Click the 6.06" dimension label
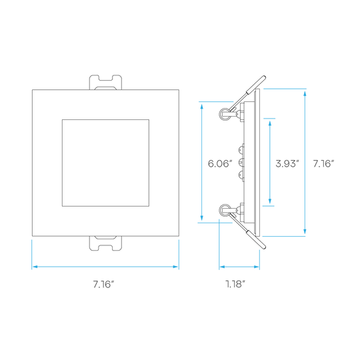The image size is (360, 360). click(x=220, y=164)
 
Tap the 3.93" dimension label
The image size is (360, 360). click(x=287, y=164)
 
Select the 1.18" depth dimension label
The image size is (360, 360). click(x=235, y=284)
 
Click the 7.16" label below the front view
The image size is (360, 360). click(x=103, y=284)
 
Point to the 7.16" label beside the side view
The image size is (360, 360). click(x=323, y=164)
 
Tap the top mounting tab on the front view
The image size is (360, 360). click(x=105, y=82)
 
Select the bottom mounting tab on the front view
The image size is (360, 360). click(x=105, y=243)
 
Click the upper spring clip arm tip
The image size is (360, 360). click(x=264, y=77)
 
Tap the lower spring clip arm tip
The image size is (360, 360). click(x=264, y=247)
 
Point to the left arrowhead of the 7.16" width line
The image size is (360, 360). click(x=35, y=267)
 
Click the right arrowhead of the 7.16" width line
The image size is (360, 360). click(x=175, y=267)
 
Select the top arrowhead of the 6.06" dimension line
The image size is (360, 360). click(x=202, y=107)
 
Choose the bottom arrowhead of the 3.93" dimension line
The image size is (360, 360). click(x=270, y=201)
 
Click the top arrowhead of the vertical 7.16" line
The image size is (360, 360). click(x=305, y=94)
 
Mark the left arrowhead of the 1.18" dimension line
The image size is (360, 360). click(x=222, y=267)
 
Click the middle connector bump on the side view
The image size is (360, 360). click(x=241, y=163)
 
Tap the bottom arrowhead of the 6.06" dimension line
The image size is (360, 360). click(x=202, y=218)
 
